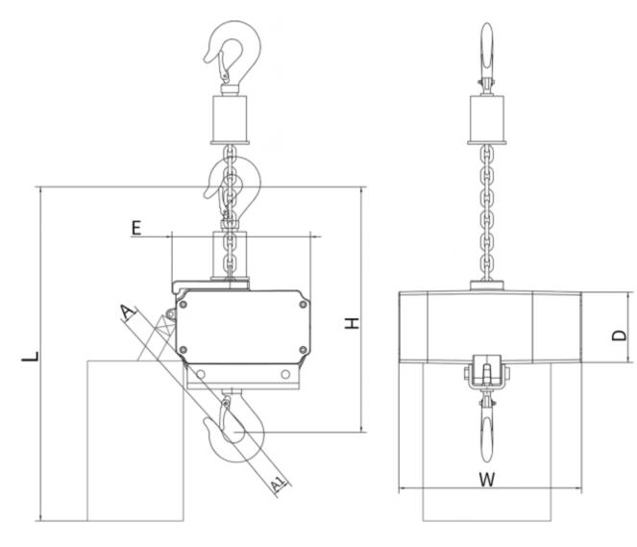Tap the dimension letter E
click(136, 227)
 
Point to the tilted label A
click(127, 311)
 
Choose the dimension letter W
click(486, 480)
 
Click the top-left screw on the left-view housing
click(183, 305)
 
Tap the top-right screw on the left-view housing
click(304, 305)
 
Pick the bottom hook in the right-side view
click(488, 423)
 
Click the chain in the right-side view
click(488, 211)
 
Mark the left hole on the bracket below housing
click(205, 374)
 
